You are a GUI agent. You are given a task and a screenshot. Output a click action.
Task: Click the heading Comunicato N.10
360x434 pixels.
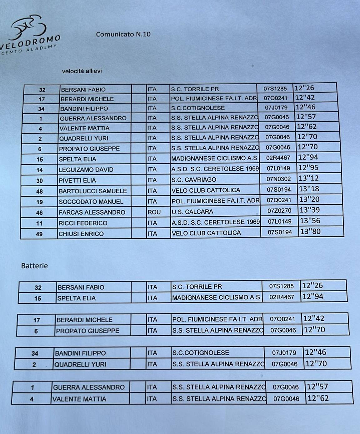pos(123,34)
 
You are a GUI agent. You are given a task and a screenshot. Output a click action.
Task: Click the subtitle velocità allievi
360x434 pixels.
pos(82,71)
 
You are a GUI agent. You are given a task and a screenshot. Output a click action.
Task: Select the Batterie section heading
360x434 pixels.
pos(34,266)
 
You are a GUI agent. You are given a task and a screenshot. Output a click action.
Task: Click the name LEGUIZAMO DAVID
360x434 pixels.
pos(86,170)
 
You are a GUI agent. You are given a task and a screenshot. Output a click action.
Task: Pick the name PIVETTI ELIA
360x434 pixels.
pos(77,180)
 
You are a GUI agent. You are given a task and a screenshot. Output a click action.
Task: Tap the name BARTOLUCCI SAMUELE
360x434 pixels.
pos(93,191)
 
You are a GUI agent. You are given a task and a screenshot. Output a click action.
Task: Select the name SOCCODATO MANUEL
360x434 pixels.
pos(91,202)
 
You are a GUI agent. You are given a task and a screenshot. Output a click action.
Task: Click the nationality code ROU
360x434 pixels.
pos(154,212)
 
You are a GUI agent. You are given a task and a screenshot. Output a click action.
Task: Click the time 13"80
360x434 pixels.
pos(310,232)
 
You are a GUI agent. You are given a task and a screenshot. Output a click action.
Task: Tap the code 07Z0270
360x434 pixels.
pos(279,211)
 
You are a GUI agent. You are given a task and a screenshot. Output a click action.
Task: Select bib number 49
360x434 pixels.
pos(39,234)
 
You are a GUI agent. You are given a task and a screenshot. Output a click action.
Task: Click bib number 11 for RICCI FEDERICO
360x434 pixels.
pos(39,224)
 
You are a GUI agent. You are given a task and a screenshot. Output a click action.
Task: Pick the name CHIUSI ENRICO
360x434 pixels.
pos(81,234)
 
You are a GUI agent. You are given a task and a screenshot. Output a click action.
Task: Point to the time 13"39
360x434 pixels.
pos(310,210)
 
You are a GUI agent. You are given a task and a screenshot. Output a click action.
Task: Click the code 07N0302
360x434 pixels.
pos(279,179)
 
